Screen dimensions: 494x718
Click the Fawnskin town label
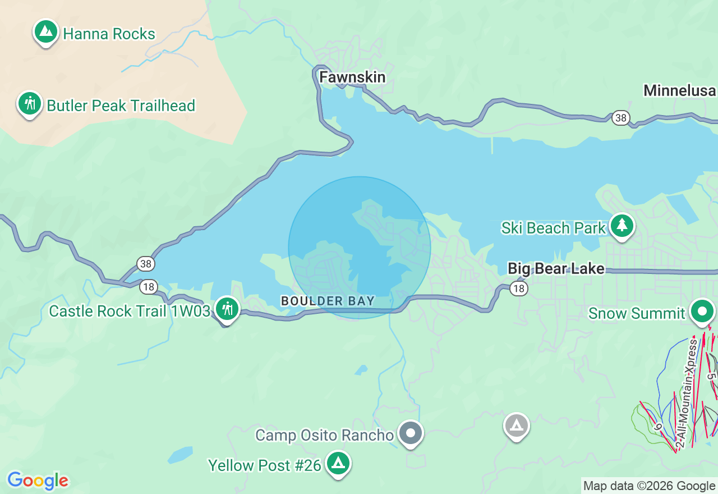pos(352,77)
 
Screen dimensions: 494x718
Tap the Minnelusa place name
pos(679,90)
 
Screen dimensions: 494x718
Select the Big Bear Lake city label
pos(556,269)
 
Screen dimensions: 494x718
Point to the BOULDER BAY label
pos(328,301)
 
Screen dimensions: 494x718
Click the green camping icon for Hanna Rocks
pos(46,32)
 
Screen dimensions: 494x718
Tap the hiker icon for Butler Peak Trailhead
pos(30,104)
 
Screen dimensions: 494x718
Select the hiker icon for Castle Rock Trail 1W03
pos(227,309)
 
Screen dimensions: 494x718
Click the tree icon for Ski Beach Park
pos(622,226)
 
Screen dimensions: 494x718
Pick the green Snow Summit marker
pos(702,311)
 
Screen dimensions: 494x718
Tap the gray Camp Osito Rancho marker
pos(411,433)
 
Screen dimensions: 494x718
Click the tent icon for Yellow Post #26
pos(338,463)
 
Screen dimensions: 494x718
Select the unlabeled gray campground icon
pos(517,426)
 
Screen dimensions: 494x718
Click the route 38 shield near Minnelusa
pos(620,118)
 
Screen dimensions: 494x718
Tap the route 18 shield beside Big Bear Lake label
pos(519,289)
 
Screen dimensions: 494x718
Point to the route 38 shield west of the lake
pos(146,263)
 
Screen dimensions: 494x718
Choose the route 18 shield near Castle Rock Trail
pos(148,286)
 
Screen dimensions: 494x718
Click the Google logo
pos(38,481)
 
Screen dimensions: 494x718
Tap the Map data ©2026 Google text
pos(649,486)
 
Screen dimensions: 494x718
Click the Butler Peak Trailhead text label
pos(121,106)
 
